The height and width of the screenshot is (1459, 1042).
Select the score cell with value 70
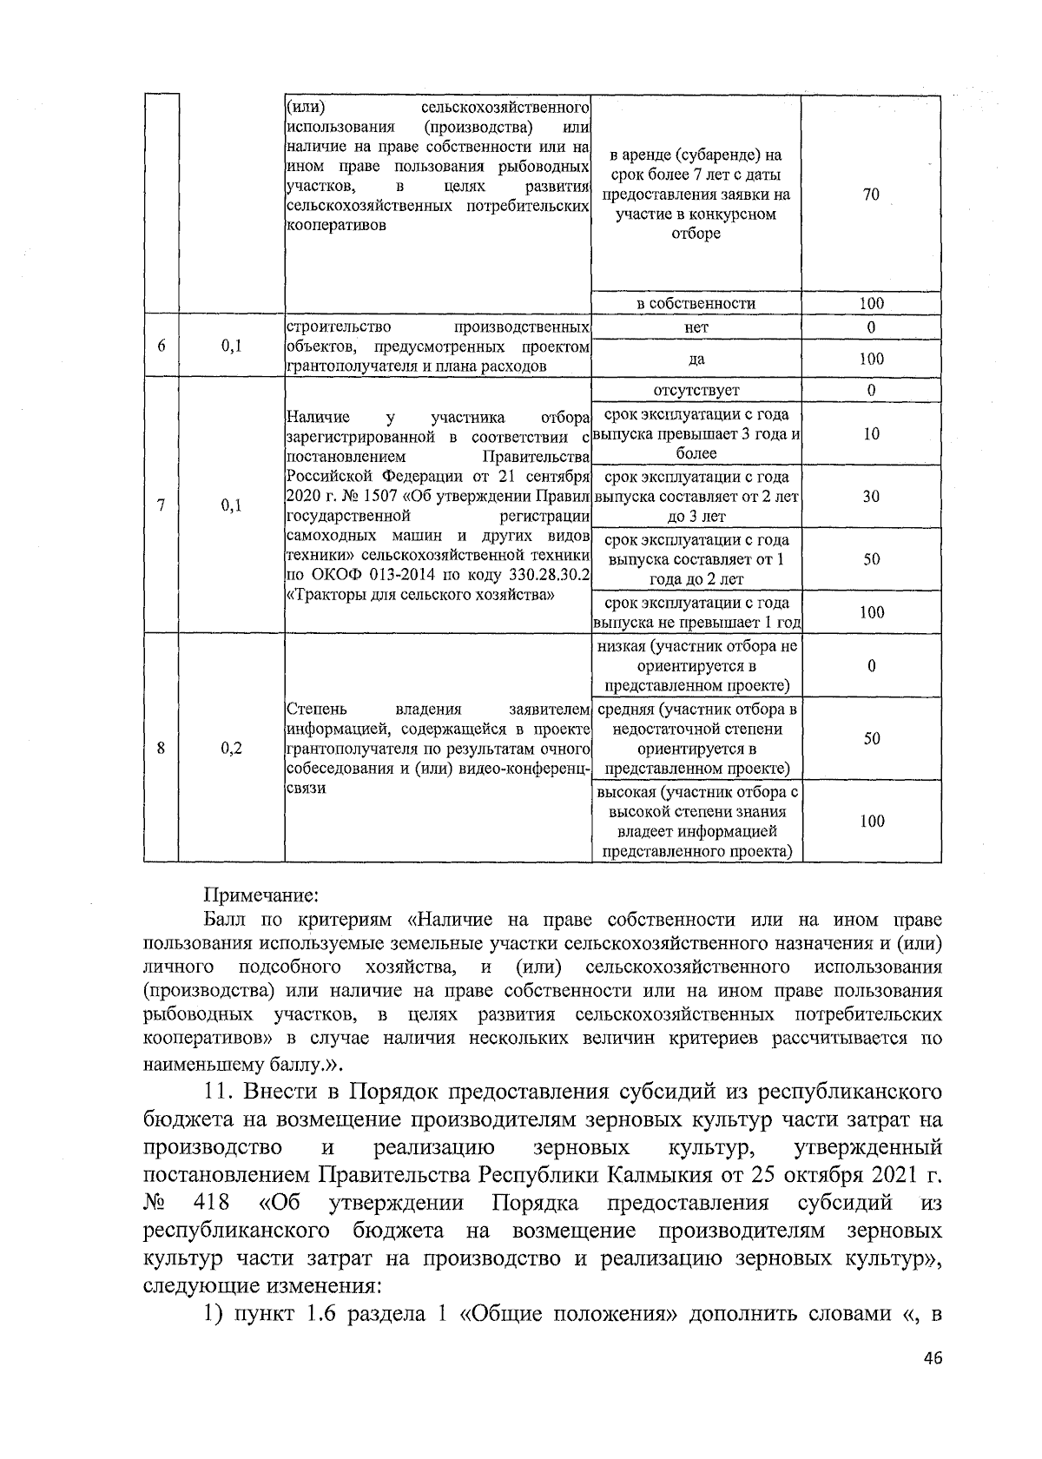pyautogui.click(x=871, y=195)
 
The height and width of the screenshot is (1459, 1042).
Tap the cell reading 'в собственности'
pyautogui.click(x=696, y=303)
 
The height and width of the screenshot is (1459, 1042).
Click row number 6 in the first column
pyautogui.click(x=162, y=346)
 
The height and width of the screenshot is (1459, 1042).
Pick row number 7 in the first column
pyautogui.click(x=162, y=505)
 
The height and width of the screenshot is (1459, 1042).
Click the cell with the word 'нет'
pyautogui.click(x=696, y=327)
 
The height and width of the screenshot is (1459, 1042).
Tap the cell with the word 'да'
pyautogui.click(x=696, y=359)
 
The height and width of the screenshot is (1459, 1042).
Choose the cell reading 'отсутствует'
pyautogui.click(x=696, y=390)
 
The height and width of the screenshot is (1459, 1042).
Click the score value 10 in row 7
pyautogui.click(x=871, y=434)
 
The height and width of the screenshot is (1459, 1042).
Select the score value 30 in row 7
pyautogui.click(x=871, y=497)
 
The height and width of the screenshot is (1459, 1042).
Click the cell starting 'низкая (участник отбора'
pyautogui.click(x=696, y=666)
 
